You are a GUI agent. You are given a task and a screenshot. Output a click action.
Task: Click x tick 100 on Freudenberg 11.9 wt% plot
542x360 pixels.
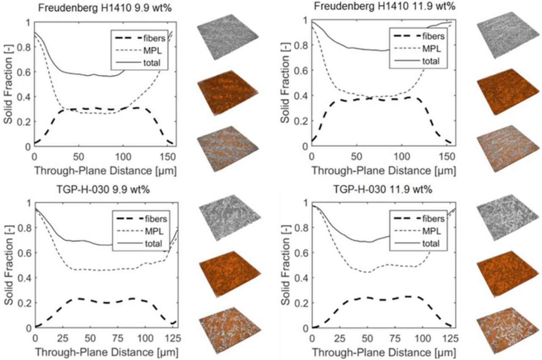pyautogui.click(x=406, y=156)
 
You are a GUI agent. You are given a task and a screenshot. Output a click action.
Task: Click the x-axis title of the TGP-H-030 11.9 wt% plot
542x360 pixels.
pyautogui.click(x=384, y=352)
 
